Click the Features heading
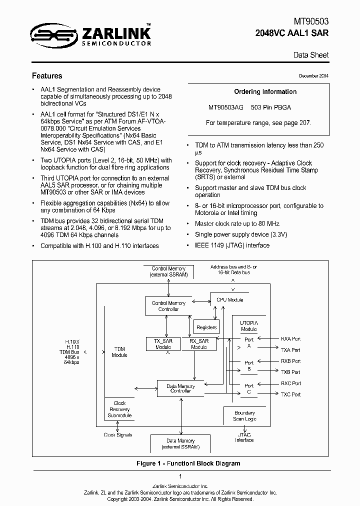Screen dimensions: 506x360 tap(47, 76)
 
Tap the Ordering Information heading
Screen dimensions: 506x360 tap(265, 92)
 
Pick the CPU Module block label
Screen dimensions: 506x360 tap(229, 299)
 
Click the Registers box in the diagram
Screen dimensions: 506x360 tap(206, 327)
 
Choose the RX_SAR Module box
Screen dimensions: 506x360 tap(198, 343)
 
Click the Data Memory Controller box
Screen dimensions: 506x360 tap(180, 388)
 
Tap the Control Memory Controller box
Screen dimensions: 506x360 tap(168, 306)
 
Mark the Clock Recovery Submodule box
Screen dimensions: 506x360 tap(119, 409)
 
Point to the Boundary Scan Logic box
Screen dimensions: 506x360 tap(244, 415)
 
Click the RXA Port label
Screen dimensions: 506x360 tap(290, 339)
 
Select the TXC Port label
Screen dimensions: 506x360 tap(290, 394)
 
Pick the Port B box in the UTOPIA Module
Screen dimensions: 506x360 tap(248, 365)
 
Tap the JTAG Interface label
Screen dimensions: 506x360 tap(244, 437)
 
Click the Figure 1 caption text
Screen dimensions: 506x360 tap(188, 463)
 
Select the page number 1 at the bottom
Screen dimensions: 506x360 tap(180, 476)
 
